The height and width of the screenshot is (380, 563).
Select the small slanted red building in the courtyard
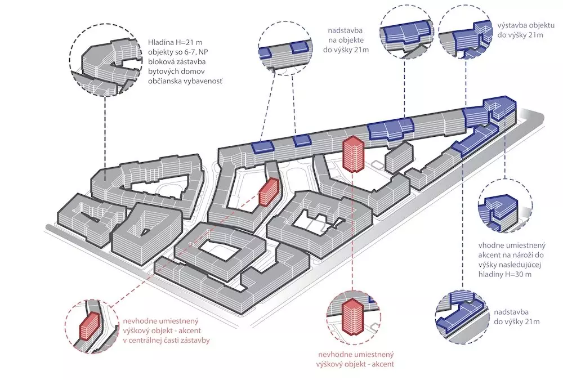[270, 191]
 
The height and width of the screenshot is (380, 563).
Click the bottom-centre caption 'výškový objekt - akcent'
[355, 364]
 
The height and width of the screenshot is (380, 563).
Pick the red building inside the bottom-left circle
[88, 324]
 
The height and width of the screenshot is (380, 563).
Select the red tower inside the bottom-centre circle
[351, 314]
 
